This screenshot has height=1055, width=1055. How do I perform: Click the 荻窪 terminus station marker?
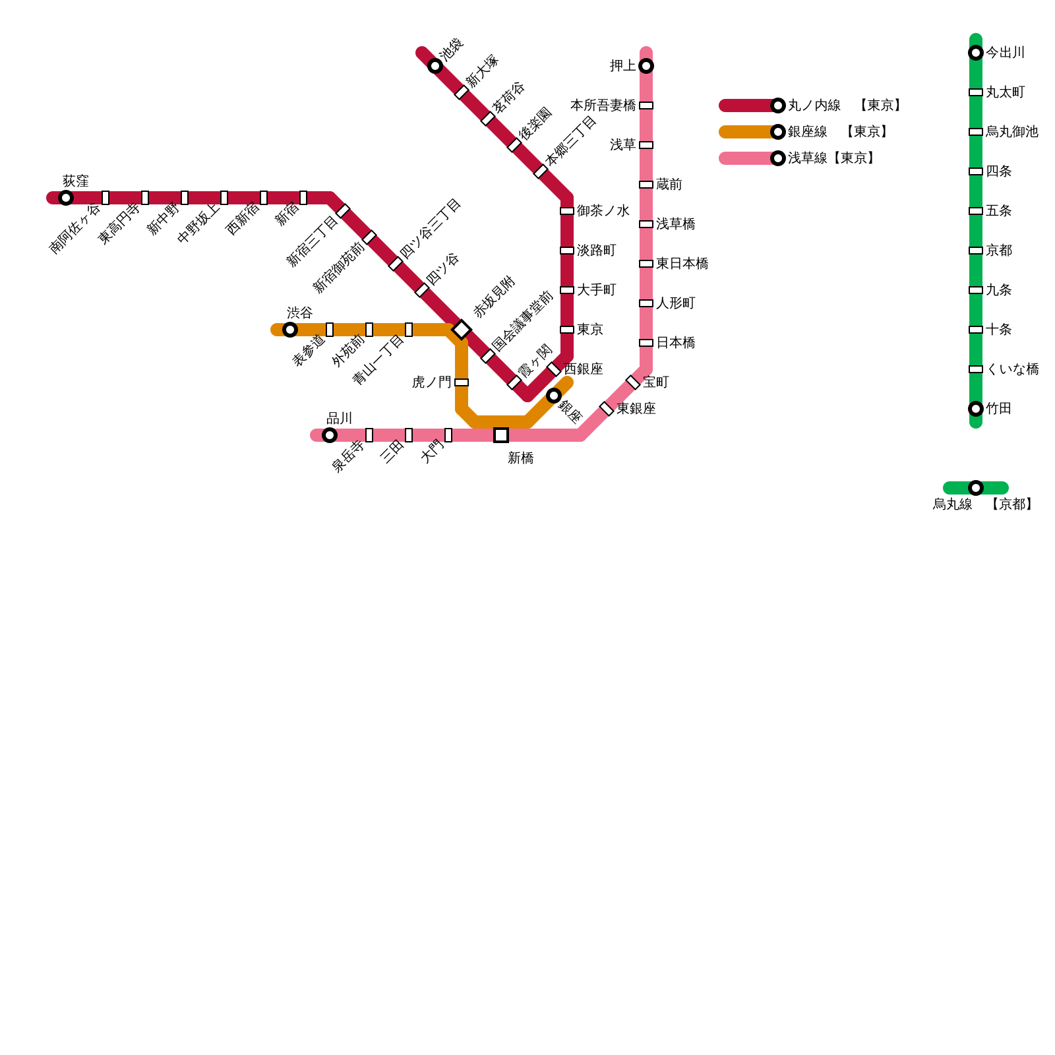(66, 198)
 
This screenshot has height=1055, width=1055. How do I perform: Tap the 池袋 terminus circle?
(435, 66)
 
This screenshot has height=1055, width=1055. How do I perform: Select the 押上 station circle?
(646, 66)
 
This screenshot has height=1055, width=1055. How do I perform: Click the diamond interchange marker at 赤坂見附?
(462, 330)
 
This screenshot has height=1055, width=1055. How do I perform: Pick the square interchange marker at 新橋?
(501, 435)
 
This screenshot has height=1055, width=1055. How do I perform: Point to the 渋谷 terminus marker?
(290, 330)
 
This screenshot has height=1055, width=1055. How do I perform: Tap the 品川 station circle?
(330, 435)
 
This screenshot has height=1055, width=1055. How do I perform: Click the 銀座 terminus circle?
(554, 396)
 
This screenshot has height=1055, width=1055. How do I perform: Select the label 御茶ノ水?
(603, 211)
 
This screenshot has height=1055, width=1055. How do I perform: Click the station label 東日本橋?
(682, 264)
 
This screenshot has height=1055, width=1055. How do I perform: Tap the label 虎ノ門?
(431, 382)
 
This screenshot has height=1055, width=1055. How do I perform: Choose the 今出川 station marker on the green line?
(976, 53)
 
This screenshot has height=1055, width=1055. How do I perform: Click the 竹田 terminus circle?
(976, 409)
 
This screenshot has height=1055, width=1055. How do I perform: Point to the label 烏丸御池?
(1011, 132)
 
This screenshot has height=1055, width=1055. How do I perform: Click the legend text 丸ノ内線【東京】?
(844, 105)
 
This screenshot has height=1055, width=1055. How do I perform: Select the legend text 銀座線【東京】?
(837, 132)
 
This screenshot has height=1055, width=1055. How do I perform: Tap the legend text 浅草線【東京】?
(831, 158)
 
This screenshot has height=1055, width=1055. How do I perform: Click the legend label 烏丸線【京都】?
(982, 504)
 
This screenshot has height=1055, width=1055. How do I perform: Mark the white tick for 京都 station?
(976, 251)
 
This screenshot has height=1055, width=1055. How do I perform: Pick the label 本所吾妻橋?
(603, 105)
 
